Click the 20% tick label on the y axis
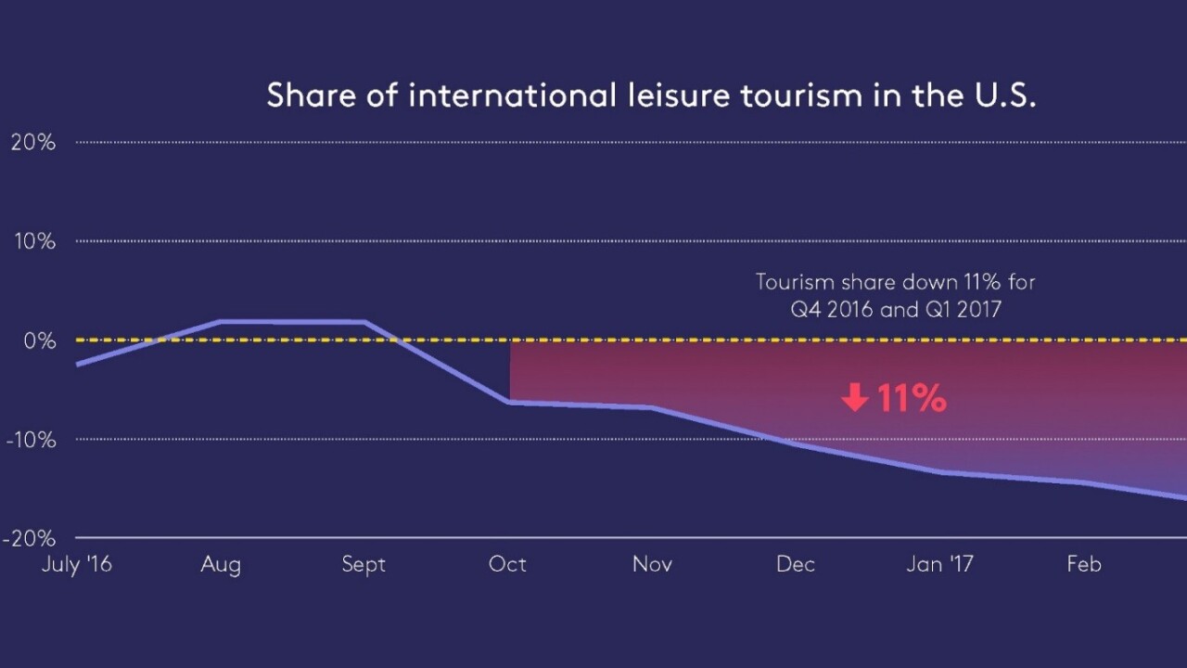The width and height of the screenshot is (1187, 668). click(33, 142)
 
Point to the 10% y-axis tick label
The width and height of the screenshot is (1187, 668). click(33, 241)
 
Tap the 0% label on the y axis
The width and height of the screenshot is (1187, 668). click(39, 340)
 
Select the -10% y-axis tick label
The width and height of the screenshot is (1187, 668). click(31, 440)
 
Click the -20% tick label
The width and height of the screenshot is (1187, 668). click(31, 539)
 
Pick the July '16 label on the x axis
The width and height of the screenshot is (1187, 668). click(76, 564)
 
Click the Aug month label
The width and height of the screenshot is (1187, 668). click(220, 564)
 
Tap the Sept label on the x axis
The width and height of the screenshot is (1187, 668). click(364, 564)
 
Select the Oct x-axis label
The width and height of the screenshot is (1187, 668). click(507, 564)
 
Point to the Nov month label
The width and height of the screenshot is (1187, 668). click(652, 564)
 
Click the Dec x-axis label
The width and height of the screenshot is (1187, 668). click(796, 564)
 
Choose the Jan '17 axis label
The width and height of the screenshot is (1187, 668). click(939, 564)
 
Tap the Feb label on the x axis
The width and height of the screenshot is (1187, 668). click(1083, 564)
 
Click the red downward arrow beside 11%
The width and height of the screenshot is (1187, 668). click(854, 399)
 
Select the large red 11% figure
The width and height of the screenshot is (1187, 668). click(911, 399)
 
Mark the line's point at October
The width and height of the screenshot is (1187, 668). click(510, 402)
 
